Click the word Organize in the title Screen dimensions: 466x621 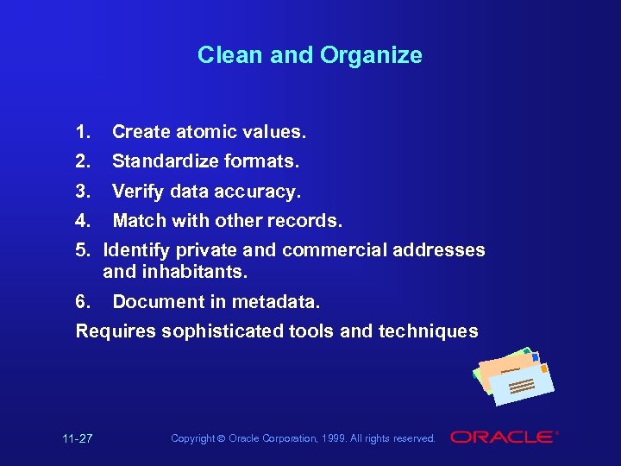(x=371, y=56)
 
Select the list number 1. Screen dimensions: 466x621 (x=83, y=132)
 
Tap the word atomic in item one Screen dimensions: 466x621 (x=203, y=132)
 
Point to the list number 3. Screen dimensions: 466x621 (x=83, y=191)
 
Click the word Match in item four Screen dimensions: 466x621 (x=140, y=221)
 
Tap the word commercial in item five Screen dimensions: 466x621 (x=334, y=250)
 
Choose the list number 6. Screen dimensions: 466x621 (x=83, y=302)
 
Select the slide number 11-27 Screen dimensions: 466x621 (x=78, y=439)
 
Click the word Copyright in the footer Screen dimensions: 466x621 (x=192, y=439)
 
